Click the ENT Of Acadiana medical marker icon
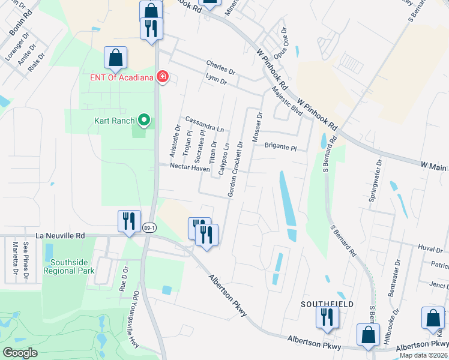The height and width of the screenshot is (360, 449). pos(161,77)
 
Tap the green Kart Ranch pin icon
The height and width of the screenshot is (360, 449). pos(143,121)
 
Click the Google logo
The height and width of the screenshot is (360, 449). pos(20,353)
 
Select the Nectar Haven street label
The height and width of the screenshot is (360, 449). pos(190,169)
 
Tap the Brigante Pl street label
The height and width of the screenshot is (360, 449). pos(280,146)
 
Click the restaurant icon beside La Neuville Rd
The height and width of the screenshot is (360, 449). pos(130,221)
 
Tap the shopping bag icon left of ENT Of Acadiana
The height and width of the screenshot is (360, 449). pos(115,58)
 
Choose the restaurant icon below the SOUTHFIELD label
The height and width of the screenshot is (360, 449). pos(327,316)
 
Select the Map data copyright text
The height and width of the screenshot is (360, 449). pos(423,355)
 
